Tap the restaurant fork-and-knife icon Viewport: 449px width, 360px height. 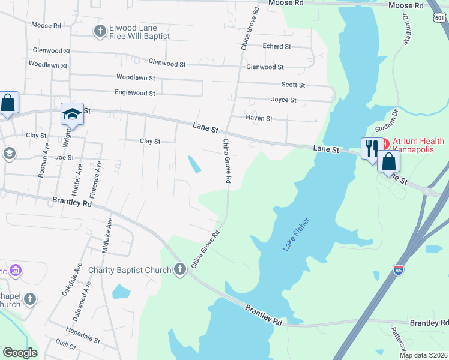371,148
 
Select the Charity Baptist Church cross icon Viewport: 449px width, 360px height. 179,270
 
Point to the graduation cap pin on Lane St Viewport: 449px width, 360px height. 71,114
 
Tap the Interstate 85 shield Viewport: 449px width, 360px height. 399,271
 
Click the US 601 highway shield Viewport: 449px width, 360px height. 439,19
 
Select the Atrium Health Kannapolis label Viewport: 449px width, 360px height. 418,146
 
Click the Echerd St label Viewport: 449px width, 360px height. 277,46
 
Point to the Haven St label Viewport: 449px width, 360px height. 259,119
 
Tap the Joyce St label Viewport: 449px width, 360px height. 283,100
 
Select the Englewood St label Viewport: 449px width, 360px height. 135,93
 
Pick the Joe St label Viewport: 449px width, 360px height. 64,158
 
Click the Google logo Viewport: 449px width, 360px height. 20,353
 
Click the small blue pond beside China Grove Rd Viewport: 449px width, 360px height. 195,164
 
